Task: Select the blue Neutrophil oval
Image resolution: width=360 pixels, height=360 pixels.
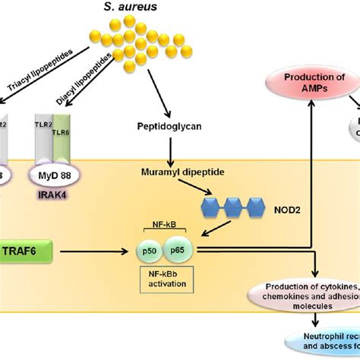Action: [x=319, y=339]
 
